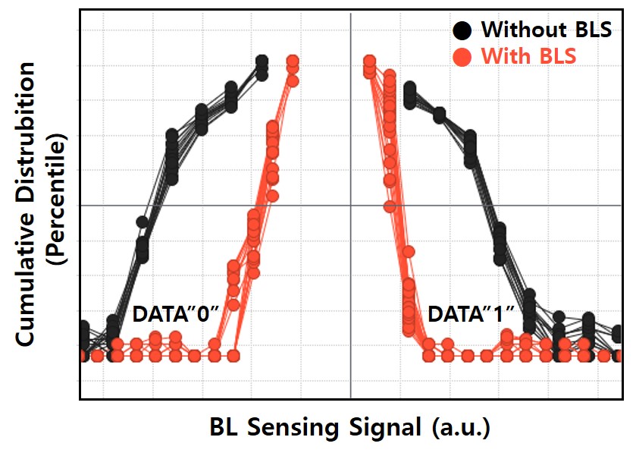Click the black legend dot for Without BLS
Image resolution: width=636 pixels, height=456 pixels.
(462, 30)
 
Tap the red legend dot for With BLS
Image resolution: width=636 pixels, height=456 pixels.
(462, 56)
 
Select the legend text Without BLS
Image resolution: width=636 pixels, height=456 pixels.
(534, 30)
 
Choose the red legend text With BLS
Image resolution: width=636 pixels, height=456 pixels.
(528, 56)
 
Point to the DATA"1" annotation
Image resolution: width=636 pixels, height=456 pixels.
(470, 313)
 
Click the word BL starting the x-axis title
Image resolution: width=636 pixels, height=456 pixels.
(225, 427)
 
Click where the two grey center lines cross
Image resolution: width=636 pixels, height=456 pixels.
(350, 205)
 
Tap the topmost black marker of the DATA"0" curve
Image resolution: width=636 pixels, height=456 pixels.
(262, 61)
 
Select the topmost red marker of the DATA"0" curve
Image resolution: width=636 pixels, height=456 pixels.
(292, 61)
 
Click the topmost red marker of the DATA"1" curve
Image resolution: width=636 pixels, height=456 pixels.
(369, 61)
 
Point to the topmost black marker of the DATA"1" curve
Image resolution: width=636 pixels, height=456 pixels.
(409, 90)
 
